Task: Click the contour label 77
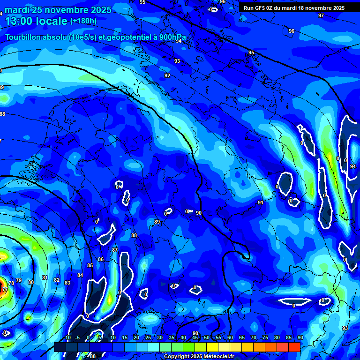coord(5,290)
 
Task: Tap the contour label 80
coord(31,282)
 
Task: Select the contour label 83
coord(67,283)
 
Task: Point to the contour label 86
coord(100,259)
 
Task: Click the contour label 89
coord(157,222)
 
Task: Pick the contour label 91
coord(261,202)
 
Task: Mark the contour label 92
coord(167,75)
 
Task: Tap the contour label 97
coord(321,15)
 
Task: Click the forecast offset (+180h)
coord(83,21)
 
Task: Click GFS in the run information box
coord(262,8)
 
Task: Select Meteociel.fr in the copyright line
coord(215,356)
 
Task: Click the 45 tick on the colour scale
coord(195,338)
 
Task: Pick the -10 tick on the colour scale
coord(67,338)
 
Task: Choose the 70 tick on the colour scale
coord(253,338)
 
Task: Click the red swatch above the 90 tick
coord(294,347)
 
